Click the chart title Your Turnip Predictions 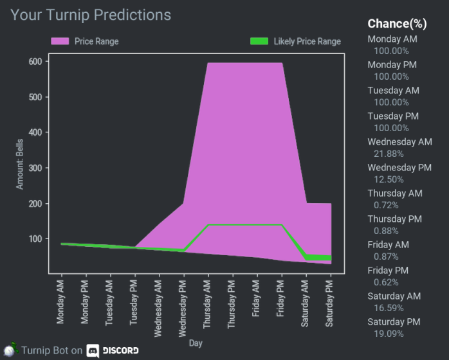pyautogui.click(x=91, y=15)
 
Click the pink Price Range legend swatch pyautogui.click(x=60, y=41)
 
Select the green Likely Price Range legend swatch pyautogui.click(x=259, y=41)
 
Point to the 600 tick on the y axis pyautogui.click(x=35, y=62)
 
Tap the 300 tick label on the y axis pyautogui.click(x=35, y=168)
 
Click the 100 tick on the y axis pyautogui.click(x=35, y=239)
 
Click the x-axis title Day pyautogui.click(x=196, y=344)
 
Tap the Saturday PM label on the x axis pyautogui.click(x=331, y=303)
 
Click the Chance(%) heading pyautogui.click(x=397, y=24)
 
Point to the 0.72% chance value pyautogui.click(x=386, y=205)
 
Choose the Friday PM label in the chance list pyautogui.click(x=389, y=271)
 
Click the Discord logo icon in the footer pyautogui.click(x=93, y=350)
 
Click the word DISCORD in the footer pyautogui.click(x=120, y=350)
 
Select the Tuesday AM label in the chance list pyautogui.click(x=393, y=91)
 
